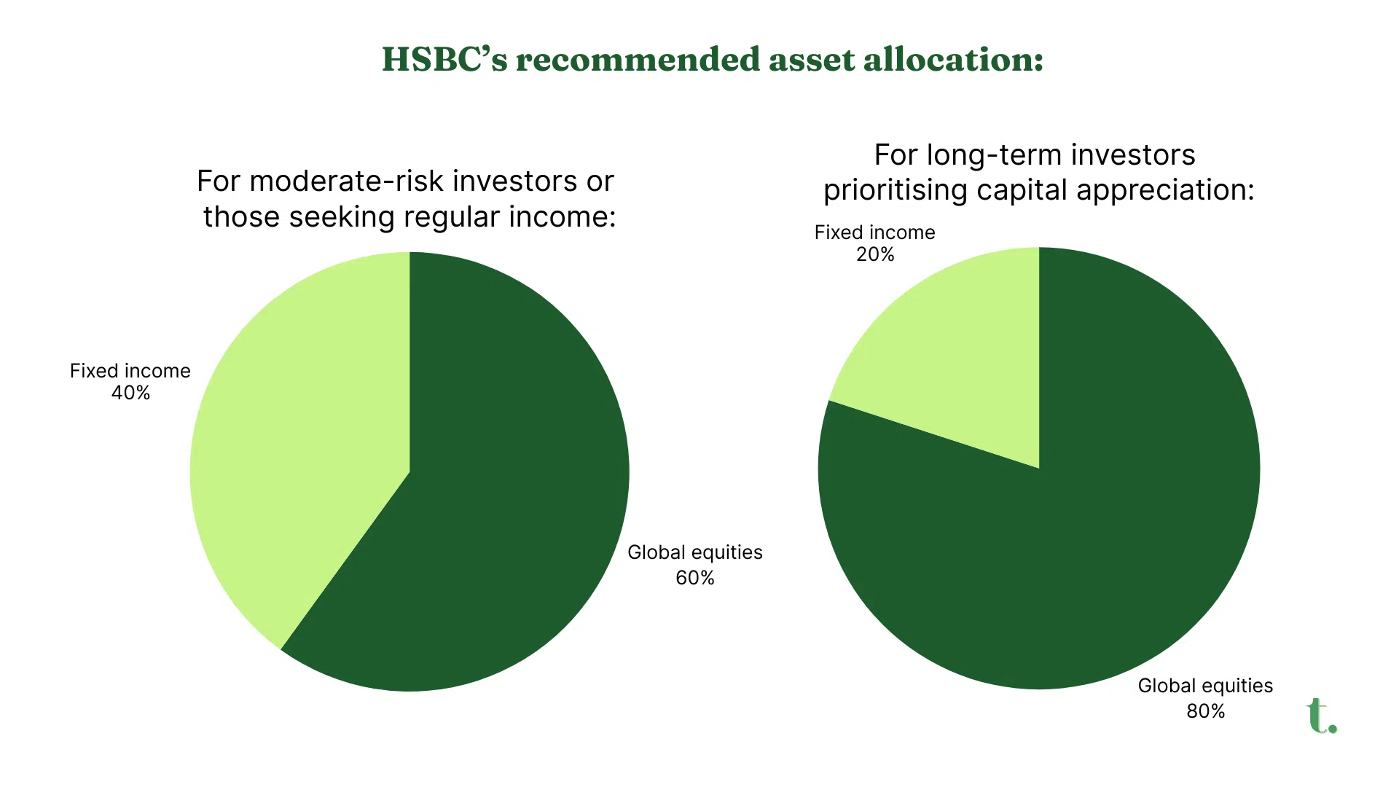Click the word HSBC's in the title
click(444, 59)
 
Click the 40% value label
click(130, 393)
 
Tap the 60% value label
click(695, 578)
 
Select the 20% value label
click(875, 254)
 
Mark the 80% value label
click(1206, 711)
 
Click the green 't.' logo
click(1322, 716)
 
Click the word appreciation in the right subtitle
click(1165, 190)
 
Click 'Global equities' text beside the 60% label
click(695, 552)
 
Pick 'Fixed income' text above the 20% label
click(875, 232)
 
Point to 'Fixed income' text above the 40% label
click(130, 371)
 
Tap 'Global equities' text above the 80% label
click(1206, 686)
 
